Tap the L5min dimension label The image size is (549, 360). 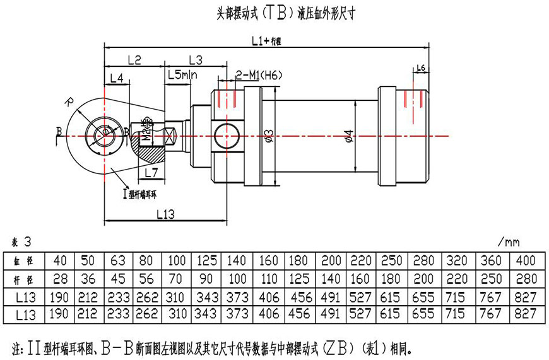click(x=182, y=75)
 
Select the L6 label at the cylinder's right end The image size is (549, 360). click(x=422, y=67)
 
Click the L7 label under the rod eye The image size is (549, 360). click(x=151, y=171)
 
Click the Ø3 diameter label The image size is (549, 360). click(x=269, y=135)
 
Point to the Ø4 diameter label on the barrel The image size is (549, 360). click(x=349, y=135)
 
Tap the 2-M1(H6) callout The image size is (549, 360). click(x=259, y=75)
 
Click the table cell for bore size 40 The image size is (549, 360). click(x=60, y=260)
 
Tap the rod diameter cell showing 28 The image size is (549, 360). click(x=60, y=278)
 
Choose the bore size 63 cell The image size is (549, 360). click(x=117, y=260)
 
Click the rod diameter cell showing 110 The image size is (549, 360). click(x=268, y=278)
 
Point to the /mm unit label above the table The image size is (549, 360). click(x=508, y=241)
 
